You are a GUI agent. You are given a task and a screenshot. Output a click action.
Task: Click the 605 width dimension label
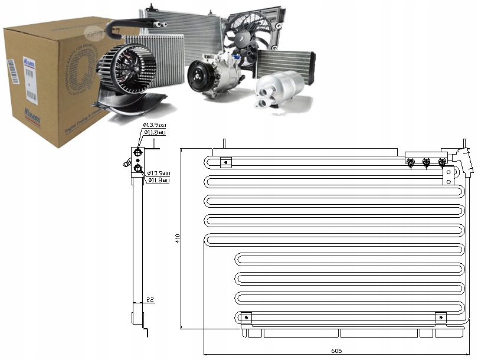[336, 351]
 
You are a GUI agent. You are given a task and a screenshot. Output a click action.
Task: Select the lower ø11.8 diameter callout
[159, 180]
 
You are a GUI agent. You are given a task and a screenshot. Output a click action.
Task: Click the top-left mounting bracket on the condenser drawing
[225, 161]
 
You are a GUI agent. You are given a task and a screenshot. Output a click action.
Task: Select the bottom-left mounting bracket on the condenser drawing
[247, 318]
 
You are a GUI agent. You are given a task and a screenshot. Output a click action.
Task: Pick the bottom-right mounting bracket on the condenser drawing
[440, 318]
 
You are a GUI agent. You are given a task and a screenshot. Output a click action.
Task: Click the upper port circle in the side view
[137, 153]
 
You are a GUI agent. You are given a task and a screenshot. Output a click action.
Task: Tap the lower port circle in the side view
[137, 169]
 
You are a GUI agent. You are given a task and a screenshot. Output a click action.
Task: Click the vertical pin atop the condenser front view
[224, 144]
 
